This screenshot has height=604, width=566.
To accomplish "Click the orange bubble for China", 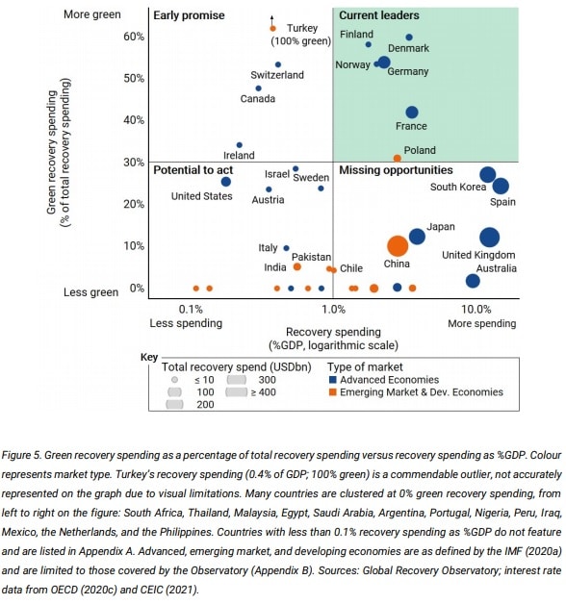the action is coord(398,246).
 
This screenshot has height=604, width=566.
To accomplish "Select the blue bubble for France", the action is coord(412,113).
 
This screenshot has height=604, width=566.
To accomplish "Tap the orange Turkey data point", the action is coord(272,29).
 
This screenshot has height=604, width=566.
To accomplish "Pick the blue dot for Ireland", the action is coord(239,145).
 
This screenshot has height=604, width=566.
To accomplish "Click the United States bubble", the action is coord(226,182).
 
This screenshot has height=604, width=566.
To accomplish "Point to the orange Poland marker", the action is coord(398,159).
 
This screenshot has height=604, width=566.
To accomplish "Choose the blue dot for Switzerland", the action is coord(278,64).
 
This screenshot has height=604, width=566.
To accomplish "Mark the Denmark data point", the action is coord(409,38).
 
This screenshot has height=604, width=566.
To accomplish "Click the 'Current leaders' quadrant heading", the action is coord(379,15).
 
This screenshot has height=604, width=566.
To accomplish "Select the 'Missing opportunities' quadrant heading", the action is coord(396,170).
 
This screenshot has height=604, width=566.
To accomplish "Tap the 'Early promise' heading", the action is coord(189,15).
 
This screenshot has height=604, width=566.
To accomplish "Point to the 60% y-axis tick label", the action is coord(134,37).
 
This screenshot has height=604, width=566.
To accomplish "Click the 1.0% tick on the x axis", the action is coord(333,309).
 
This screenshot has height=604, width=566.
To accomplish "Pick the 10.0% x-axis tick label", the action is coord(476,309).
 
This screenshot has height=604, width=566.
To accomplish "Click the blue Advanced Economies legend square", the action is coord(332,380).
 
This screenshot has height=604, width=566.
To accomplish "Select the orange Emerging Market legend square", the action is coord(332,392).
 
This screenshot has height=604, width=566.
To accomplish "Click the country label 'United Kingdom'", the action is coord(478,255).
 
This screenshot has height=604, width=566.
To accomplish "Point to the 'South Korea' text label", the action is coord(458,187).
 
